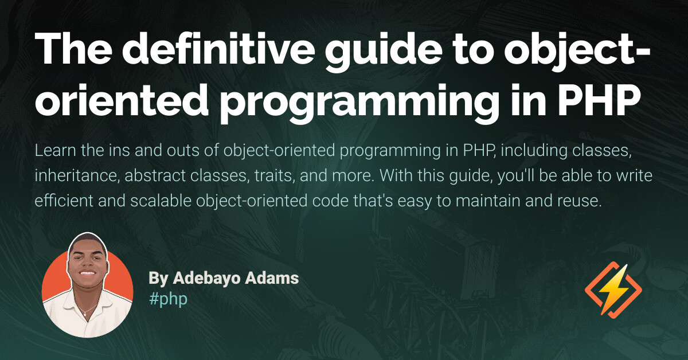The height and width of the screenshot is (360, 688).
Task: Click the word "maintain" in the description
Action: coord(477,202)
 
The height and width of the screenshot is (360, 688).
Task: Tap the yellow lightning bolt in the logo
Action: coord(613,289)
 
